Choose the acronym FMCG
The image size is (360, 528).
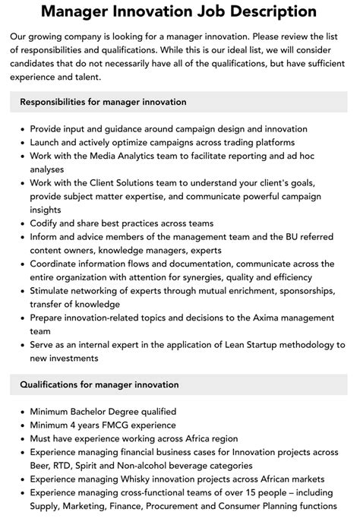[x=109, y=425]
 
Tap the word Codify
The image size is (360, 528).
[x=46, y=223]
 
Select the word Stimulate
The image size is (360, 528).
[x=54, y=291]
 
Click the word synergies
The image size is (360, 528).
[x=201, y=277]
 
